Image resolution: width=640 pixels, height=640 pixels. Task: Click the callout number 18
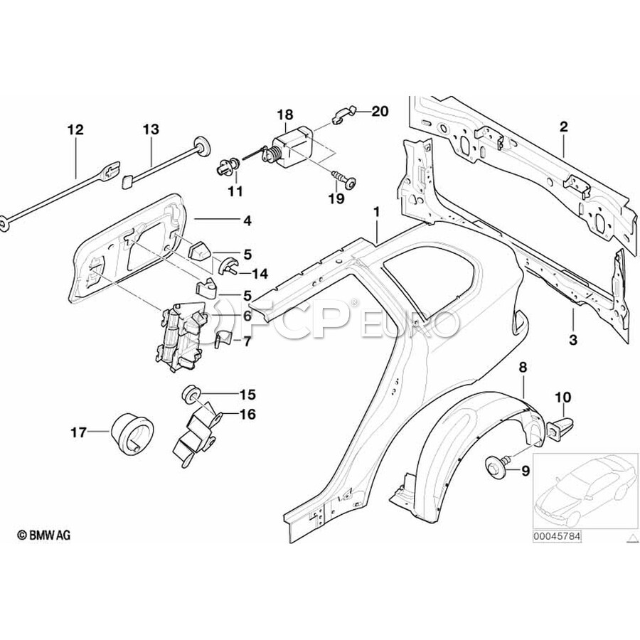coord(284,114)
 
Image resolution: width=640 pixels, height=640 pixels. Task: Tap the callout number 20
coord(380,111)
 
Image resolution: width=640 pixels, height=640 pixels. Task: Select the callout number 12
coord(75,129)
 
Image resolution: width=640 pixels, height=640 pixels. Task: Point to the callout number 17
coord(78,431)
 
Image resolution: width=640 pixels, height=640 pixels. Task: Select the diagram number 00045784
coord(558,538)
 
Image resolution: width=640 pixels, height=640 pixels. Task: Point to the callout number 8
coord(523,368)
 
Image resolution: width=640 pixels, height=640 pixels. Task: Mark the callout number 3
coord(573,340)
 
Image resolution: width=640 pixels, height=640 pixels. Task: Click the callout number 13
coord(151,129)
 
